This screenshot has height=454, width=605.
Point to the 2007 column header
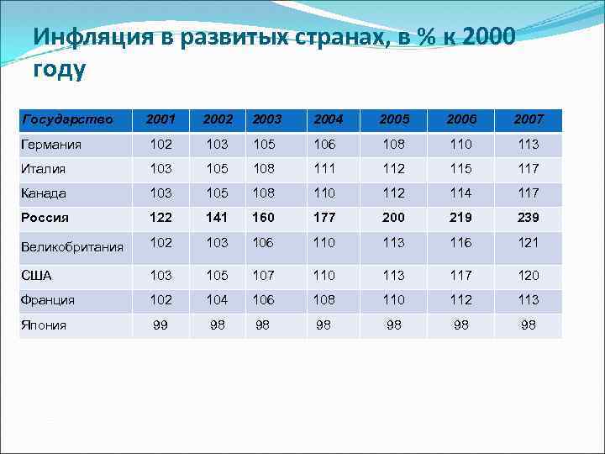pos(529,119)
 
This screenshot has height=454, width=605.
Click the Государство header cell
pos(66,119)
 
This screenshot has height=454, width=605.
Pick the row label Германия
pos(51,145)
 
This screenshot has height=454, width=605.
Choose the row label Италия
pos(44,169)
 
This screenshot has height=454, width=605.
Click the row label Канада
pos(44,193)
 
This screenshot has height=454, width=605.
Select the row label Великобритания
pos(72,247)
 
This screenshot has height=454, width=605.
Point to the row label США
pos(36,276)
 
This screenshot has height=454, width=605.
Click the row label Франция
pos(48,300)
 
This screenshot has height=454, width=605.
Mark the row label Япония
pos(44,325)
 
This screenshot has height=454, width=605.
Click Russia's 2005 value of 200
pos(392,217)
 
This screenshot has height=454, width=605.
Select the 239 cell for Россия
pos(529,217)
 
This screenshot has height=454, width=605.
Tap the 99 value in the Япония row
pos(160,325)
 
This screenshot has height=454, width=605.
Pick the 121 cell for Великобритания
pos(529,242)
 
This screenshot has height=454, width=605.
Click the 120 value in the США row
pos(529,275)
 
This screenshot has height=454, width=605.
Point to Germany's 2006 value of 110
pos(461,144)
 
